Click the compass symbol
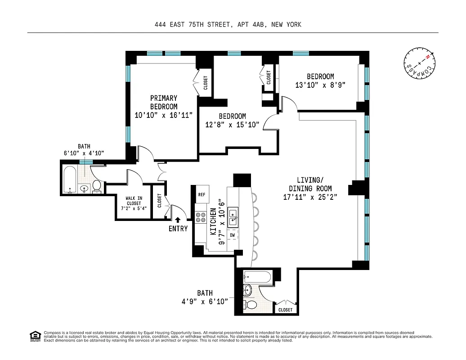pos(419,64)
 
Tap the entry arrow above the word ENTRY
pos(178,220)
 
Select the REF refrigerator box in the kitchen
pos(202,194)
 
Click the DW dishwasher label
pos(233,235)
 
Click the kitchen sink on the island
pos(233,217)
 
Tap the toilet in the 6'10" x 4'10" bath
pos(97,186)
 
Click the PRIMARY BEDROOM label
pos(164,102)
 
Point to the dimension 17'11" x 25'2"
pos(310,197)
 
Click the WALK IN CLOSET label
pos(130,203)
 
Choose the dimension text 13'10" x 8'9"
pos(320,85)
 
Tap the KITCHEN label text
pos(213,221)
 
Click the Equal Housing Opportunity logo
pos(35,336)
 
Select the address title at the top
pos(228,25)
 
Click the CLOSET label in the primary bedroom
pos(206,82)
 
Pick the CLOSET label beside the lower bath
pos(285,310)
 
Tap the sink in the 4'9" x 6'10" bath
pos(247,290)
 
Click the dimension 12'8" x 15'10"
pos(233,125)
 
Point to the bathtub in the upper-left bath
pos(70,180)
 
